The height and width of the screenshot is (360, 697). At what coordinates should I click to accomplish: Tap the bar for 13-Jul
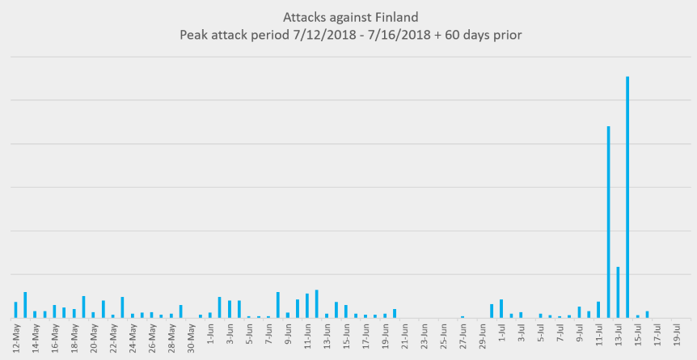[x=618, y=292]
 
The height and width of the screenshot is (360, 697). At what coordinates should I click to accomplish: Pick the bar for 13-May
[x=25, y=305]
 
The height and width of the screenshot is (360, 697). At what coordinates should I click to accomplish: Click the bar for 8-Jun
[x=277, y=305]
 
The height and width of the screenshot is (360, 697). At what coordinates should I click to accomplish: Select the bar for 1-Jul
[x=501, y=308]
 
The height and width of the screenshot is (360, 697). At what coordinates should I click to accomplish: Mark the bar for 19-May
[x=83, y=307]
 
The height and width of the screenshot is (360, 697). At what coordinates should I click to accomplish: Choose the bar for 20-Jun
[x=395, y=313]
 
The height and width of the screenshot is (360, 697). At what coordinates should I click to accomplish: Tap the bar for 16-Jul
[x=647, y=314]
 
